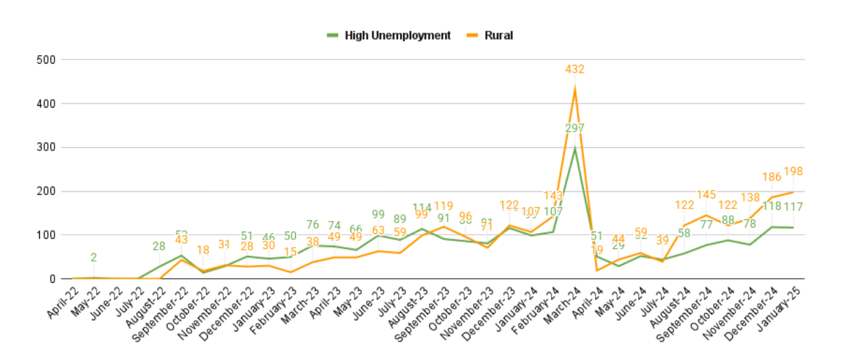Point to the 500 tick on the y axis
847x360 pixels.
pos(47,60)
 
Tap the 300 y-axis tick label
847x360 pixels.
pos(47,147)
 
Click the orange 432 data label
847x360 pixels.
pos(574,70)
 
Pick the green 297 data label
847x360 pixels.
pos(574,128)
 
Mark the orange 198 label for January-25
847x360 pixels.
pos(793,172)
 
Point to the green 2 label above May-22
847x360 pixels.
pos(94,258)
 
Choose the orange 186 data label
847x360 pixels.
pos(771,176)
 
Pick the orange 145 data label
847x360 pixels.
pos(706,194)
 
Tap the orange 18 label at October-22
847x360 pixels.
pos(203,250)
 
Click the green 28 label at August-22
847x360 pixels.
pos(159,246)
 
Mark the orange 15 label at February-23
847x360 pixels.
pos(290,252)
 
